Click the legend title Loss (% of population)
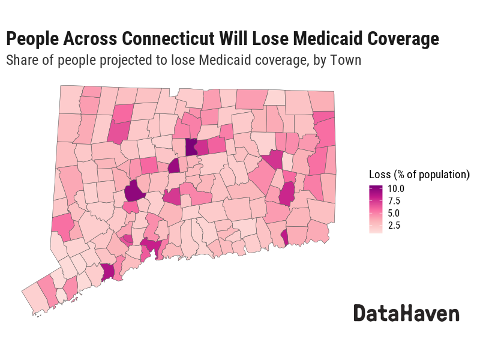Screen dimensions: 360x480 419,175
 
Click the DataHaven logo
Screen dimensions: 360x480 406,313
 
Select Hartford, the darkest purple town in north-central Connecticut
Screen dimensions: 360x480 191,147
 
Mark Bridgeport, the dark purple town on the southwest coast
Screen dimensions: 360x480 108,272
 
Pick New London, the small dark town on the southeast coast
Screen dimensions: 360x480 284,238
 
